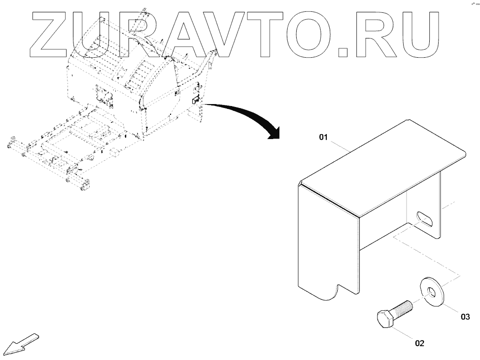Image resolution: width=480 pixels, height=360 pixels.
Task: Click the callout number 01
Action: (323, 138)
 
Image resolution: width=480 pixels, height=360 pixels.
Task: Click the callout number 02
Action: (419, 343)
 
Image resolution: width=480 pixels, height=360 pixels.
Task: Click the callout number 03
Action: (465, 317)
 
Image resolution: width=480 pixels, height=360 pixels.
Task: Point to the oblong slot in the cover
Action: (424, 219)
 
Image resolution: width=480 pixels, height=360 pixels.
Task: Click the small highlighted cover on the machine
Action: (195, 100)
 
